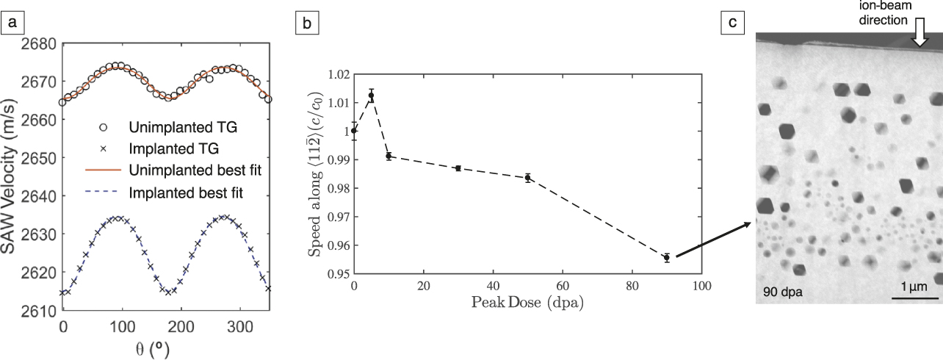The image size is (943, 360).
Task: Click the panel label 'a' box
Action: tap(12, 24)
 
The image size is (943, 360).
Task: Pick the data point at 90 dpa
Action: tap(667, 258)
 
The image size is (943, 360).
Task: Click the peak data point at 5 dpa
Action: tap(372, 96)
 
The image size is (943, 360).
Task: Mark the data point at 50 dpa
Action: tap(528, 178)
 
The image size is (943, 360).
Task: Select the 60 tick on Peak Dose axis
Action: tap(563, 285)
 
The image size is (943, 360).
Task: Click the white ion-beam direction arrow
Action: tap(919, 34)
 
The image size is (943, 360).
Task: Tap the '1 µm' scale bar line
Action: tap(914, 297)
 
